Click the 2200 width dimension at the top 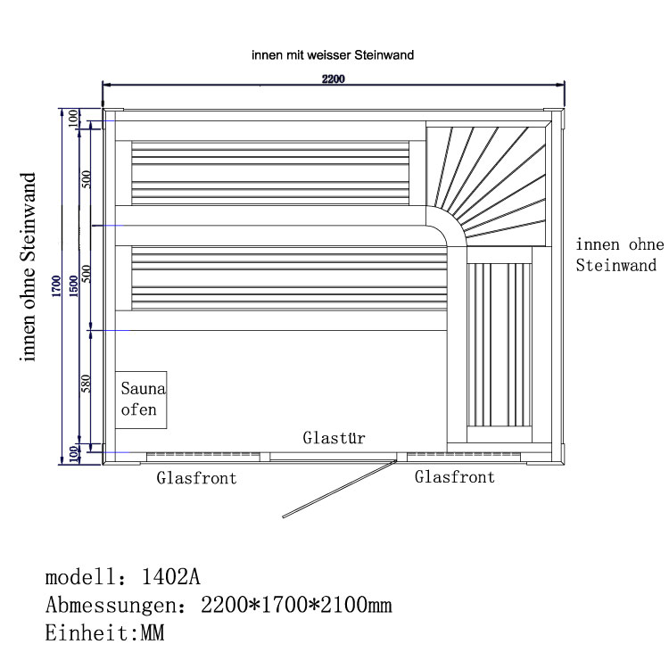(x=333, y=78)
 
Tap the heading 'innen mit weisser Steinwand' (x=333, y=55)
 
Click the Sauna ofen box (x=142, y=399)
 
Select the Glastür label (x=334, y=438)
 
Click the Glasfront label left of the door (x=197, y=478)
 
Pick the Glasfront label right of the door (x=455, y=477)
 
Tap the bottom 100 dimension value (x=74, y=453)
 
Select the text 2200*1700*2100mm (x=296, y=606)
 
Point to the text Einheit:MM (x=104, y=634)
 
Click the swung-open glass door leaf (x=340, y=488)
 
